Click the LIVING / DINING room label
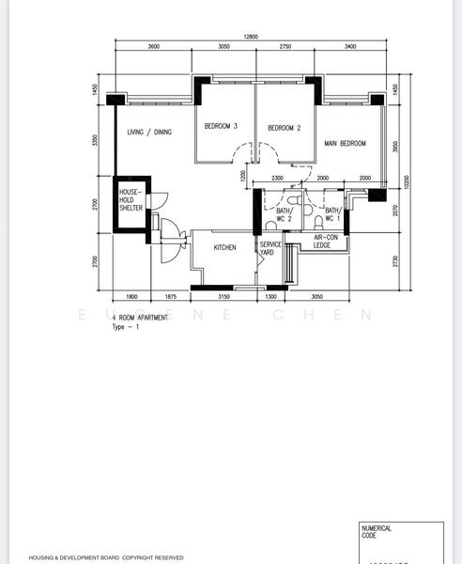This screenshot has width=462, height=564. (149, 133)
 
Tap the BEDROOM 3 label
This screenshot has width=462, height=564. (222, 126)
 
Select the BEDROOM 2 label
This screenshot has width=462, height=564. (284, 128)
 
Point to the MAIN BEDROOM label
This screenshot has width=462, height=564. (345, 144)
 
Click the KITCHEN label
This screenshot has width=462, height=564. (224, 248)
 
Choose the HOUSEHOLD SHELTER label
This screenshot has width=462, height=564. (130, 200)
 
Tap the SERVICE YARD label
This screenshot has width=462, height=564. (270, 248)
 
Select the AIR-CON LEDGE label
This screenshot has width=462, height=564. (329, 242)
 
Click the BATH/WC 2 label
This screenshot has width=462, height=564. (284, 214)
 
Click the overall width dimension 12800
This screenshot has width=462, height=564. (250, 37)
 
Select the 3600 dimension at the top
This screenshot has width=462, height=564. (153, 46)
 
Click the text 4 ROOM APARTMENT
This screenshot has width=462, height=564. (140, 319)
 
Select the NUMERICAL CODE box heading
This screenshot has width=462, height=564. (377, 533)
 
